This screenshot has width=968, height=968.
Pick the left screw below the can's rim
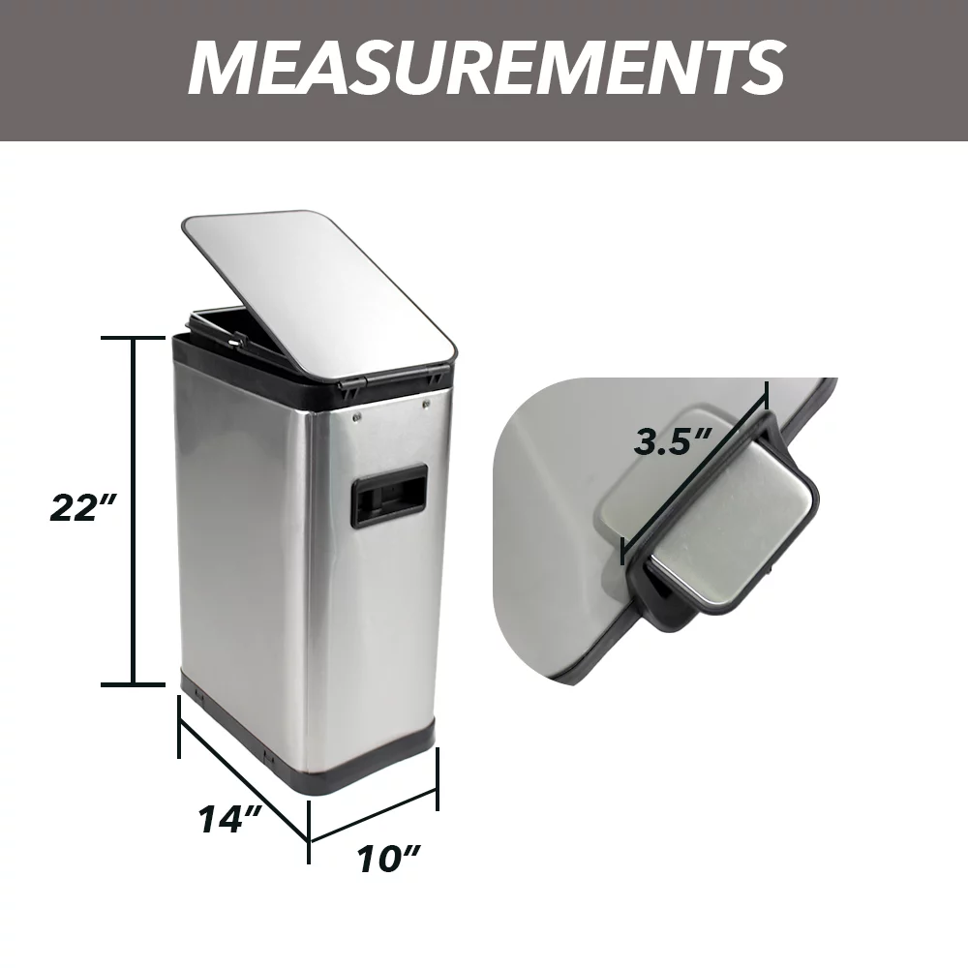[358, 418]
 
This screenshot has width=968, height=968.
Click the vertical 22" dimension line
[134, 509]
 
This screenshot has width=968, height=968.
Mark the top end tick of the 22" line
[134, 338]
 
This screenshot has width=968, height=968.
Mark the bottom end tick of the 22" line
[134, 683]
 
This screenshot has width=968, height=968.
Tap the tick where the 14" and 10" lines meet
[309, 835]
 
